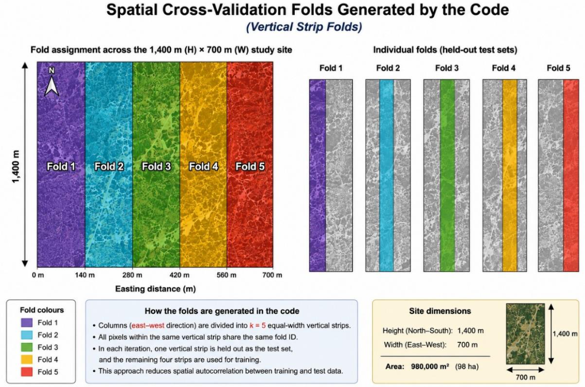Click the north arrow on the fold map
[52, 83]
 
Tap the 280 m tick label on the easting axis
[132, 275]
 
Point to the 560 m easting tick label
[226, 275]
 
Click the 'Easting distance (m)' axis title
[155, 289]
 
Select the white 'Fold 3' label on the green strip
[156, 166]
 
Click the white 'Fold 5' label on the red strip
[250, 166]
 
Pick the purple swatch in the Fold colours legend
[27, 322]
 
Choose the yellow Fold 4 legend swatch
[27, 359]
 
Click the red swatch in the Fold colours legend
[27, 372]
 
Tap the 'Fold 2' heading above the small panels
[388, 68]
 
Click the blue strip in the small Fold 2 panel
[387, 175]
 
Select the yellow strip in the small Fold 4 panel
[510, 175]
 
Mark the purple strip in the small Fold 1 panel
[317, 175]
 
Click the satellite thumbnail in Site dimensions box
[525, 334]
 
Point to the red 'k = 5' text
[258, 325]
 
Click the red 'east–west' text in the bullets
[148, 325]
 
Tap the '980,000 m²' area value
[430, 366]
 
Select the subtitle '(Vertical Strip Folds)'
[304, 27]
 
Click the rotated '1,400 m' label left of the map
[15, 166]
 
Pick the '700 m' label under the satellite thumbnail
[525, 377]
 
